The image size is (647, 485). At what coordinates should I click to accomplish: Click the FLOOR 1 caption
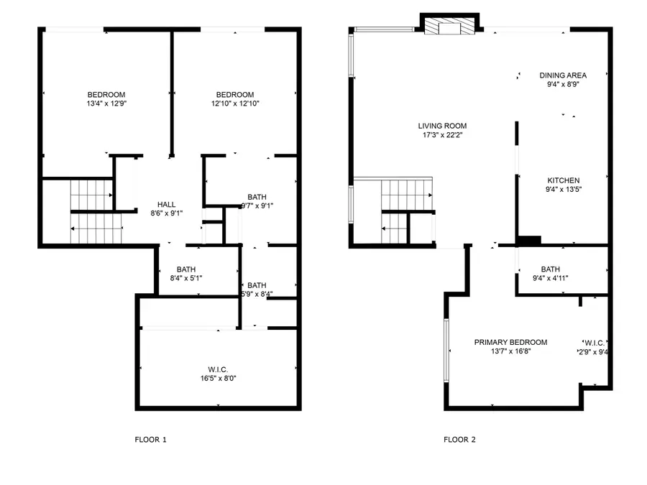click(x=150, y=439)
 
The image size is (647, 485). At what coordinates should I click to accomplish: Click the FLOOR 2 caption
click(x=459, y=439)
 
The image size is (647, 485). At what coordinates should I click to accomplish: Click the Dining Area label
click(x=563, y=75)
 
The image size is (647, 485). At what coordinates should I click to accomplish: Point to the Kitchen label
click(x=563, y=180)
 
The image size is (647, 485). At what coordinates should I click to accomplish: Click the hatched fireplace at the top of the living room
click(x=449, y=27)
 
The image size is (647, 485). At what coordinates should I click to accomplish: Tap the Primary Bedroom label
click(x=510, y=342)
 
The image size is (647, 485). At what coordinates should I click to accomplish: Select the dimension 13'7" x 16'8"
click(x=510, y=351)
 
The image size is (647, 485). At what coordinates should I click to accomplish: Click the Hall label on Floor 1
click(x=166, y=204)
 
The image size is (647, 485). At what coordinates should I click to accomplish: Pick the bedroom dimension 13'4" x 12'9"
click(x=106, y=103)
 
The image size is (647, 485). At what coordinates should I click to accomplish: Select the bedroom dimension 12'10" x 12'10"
click(x=235, y=103)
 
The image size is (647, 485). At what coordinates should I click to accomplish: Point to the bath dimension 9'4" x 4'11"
click(x=551, y=278)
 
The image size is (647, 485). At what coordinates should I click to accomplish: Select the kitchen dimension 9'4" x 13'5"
click(x=563, y=190)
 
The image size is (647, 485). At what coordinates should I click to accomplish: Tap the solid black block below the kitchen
click(x=528, y=241)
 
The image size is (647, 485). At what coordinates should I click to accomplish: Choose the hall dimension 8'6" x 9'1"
click(x=166, y=213)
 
